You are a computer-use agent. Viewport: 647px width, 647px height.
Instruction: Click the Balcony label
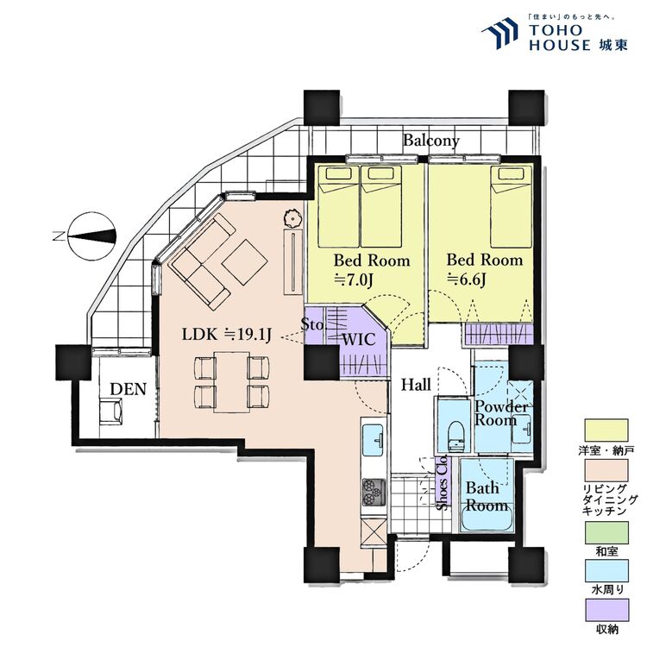431,141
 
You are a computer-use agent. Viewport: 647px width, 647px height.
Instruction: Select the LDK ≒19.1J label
226,335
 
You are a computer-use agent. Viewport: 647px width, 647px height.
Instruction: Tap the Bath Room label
487,497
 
